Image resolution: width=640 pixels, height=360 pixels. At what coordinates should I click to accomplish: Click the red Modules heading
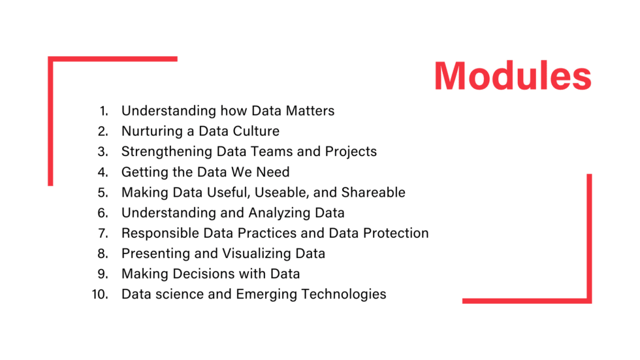point(513,76)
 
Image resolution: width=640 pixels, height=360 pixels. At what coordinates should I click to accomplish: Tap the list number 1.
point(104,111)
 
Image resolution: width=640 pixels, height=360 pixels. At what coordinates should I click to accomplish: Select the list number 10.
point(100,294)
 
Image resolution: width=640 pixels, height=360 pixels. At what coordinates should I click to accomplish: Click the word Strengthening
point(167,152)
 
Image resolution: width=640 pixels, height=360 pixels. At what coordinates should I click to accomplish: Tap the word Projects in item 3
point(351,152)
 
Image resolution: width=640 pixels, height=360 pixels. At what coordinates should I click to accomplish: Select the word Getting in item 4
point(144,172)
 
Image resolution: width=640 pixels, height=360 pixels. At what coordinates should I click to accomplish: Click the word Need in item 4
point(273,172)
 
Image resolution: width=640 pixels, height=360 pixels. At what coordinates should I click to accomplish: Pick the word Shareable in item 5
point(373,192)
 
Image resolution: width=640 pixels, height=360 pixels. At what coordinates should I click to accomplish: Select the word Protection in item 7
point(396,233)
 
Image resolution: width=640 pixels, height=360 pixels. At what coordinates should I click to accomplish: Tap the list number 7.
point(103,233)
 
